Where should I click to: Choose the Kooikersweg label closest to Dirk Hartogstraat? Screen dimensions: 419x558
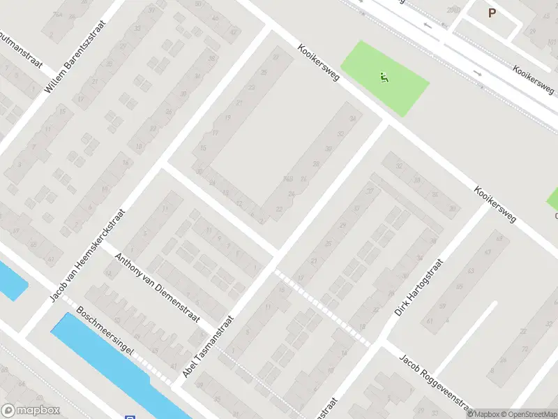pyautogui.click(x=495, y=204)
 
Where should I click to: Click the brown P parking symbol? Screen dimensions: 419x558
pyautogui.click(x=492, y=13)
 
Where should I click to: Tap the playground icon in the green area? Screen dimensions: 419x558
pyautogui.click(x=384, y=78)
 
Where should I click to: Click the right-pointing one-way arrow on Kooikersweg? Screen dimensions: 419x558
pyautogui.click(x=478, y=73)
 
